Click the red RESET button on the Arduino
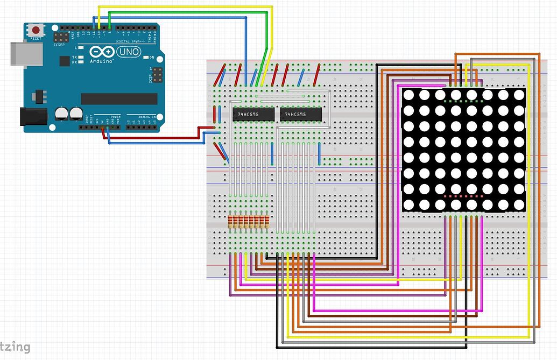pyautogui.click(x=36, y=30)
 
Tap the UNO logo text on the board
pyautogui.click(x=129, y=52)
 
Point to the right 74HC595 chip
pyautogui.click(x=300, y=114)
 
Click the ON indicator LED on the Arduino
pyautogui.click(x=145, y=57)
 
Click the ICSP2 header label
pyautogui.click(x=60, y=45)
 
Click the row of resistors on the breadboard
pyautogui.click(x=248, y=222)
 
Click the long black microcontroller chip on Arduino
pyautogui.click(x=119, y=98)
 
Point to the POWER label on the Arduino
pyautogui.click(x=115, y=116)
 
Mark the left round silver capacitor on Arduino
pyautogui.click(x=61, y=112)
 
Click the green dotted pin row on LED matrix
pyautogui.click(x=464, y=101)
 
